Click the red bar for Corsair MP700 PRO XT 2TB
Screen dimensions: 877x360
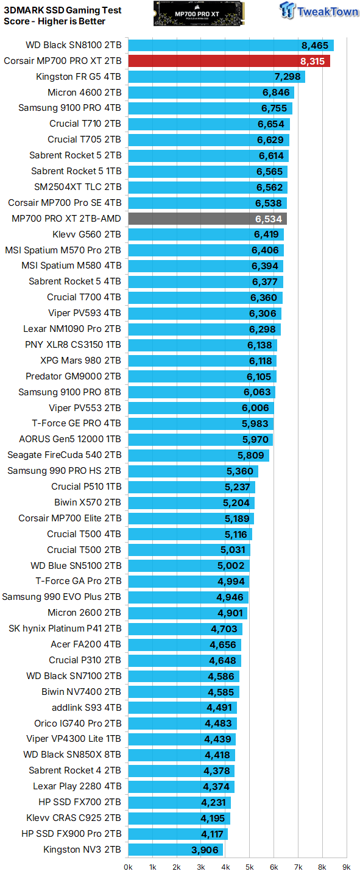(x=228, y=61)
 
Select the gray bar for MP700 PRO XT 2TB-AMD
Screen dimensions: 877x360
(x=207, y=219)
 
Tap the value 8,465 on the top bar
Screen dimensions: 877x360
(x=314, y=45)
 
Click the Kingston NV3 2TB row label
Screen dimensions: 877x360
(x=82, y=849)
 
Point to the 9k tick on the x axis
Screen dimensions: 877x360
(x=346, y=866)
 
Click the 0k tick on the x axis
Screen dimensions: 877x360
(x=129, y=866)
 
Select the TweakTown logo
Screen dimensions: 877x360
(x=319, y=12)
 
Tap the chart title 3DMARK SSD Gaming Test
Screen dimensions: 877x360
(x=63, y=10)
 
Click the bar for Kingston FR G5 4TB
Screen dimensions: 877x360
(x=216, y=77)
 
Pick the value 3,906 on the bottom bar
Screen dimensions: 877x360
(x=205, y=850)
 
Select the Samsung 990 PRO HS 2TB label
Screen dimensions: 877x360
(x=64, y=471)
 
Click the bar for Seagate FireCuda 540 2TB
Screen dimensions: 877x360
(x=198, y=455)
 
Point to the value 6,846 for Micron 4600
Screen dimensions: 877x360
(x=277, y=93)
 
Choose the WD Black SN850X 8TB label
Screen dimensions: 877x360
(x=72, y=755)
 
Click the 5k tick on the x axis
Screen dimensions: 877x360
(x=249, y=866)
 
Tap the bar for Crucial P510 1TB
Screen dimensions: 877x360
(x=191, y=487)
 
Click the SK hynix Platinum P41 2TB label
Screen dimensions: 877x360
(x=65, y=629)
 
